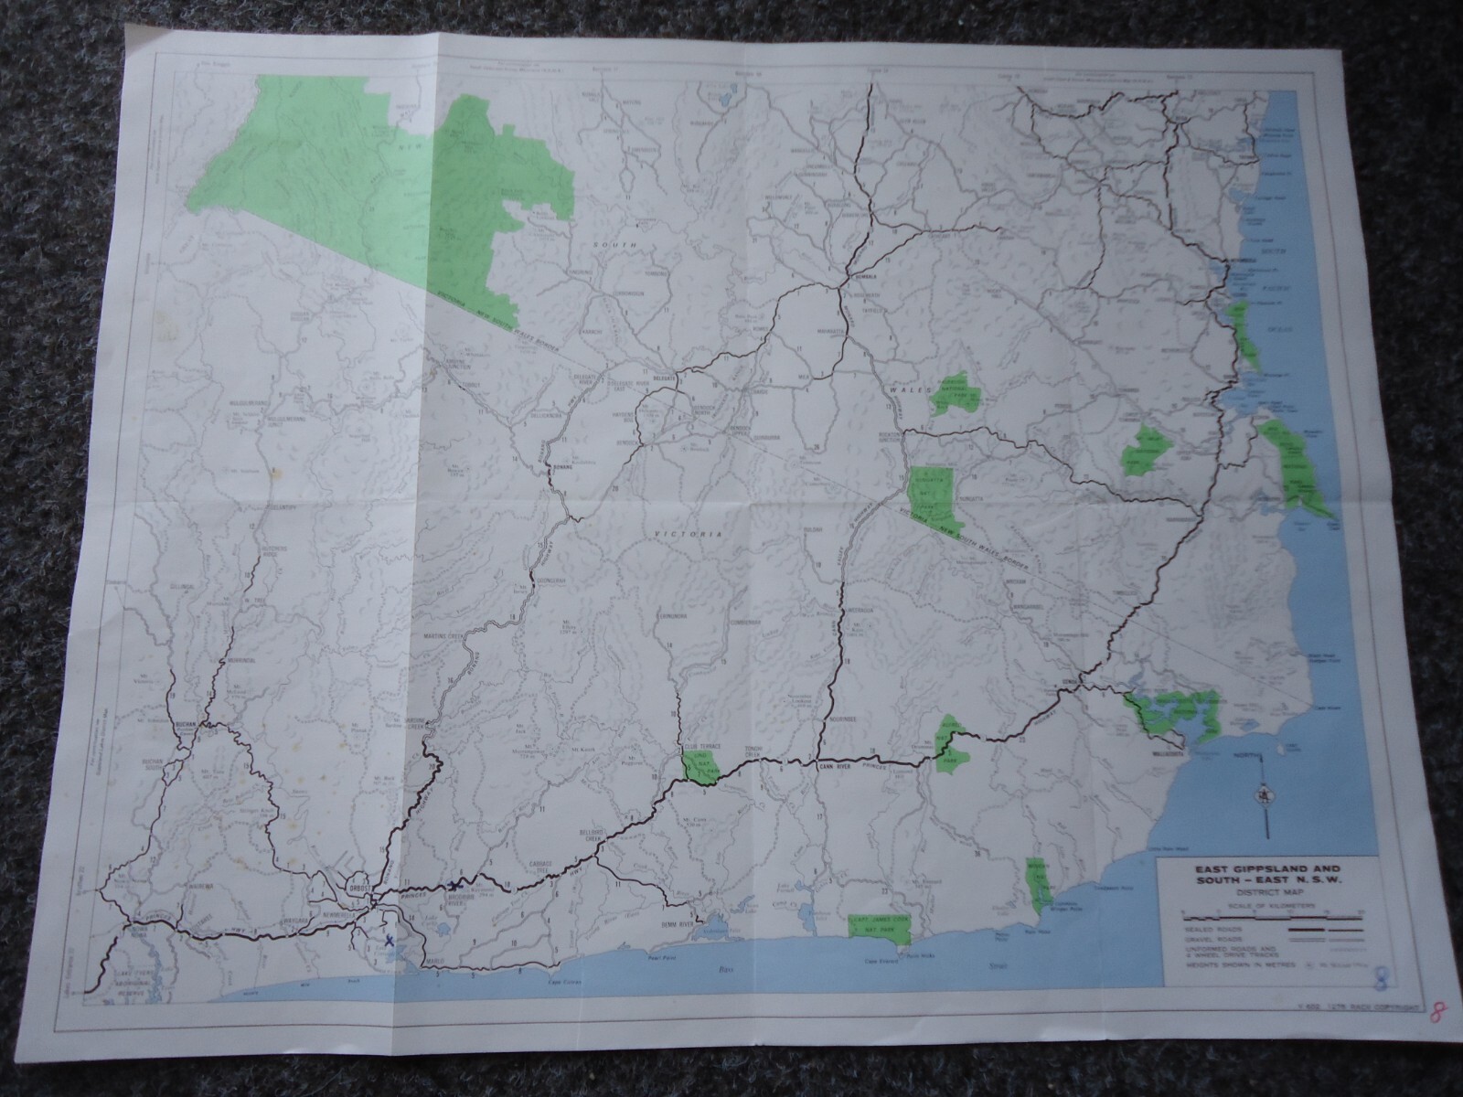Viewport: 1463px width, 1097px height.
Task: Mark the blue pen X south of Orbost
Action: point(390,940)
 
